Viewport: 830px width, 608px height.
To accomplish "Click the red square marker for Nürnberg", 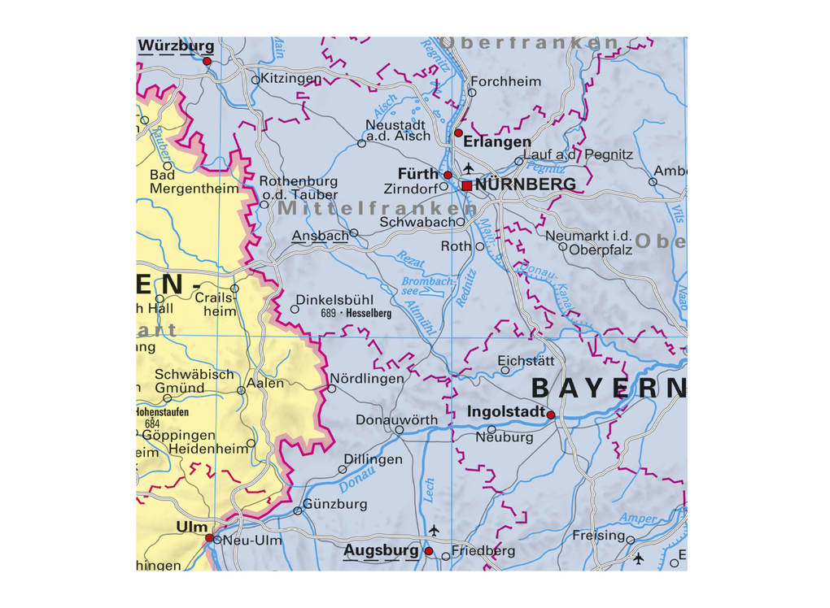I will pyautogui.click(x=466, y=186).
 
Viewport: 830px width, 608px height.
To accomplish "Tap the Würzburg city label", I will pyautogui.click(x=176, y=46).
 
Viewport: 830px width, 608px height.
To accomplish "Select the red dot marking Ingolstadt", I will pyautogui.click(x=550, y=415).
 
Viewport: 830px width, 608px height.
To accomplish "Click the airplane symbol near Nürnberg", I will pyautogui.click(x=468, y=168).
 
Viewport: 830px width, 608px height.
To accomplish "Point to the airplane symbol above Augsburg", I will pyautogui.click(x=434, y=530).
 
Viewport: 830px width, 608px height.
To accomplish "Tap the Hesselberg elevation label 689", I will pyautogui.click(x=329, y=313).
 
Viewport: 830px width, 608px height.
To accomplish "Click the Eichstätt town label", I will pyautogui.click(x=526, y=360).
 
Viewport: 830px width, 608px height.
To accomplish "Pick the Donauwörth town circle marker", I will pyautogui.click(x=399, y=430).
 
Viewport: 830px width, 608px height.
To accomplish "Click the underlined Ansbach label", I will pyautogui.click(x=319, y=235).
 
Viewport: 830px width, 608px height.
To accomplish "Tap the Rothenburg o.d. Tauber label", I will pyautogui.click(x=298, y=188).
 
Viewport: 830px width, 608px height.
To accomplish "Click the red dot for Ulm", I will pyautogui.click(x=209, y=537).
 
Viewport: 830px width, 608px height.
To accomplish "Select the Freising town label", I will pyautogui.click(x=598, y=536).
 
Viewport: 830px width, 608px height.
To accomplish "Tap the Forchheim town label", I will pyautogui.click(x=505, y=81).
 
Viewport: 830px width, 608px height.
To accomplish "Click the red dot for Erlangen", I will pyautogui.click(x=458, y=132).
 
